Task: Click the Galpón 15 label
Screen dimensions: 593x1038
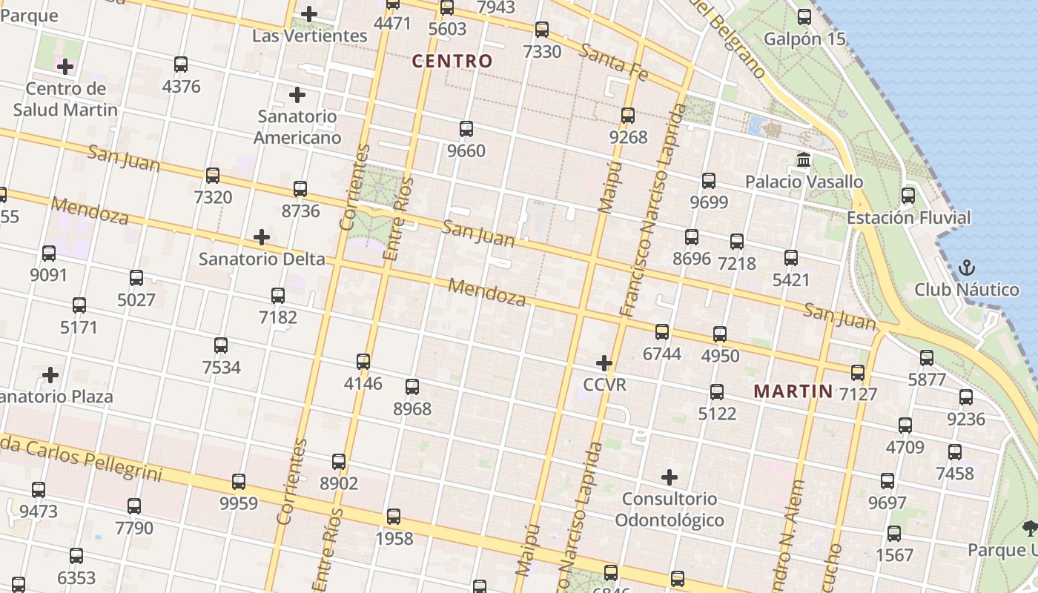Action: [804, 39]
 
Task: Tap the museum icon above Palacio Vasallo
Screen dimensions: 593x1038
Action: [803, 159]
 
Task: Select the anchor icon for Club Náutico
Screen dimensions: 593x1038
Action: [966, 268]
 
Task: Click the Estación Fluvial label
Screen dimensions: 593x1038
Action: [908, 218]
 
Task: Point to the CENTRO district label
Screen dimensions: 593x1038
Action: [452, 62]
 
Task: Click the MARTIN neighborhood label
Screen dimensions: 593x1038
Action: [793, 391]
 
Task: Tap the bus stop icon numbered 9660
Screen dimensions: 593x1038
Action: [466, 129]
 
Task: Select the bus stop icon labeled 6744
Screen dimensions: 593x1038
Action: [662, 332]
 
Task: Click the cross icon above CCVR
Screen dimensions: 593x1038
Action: [604, 363]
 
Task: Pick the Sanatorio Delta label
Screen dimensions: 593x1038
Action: [262, 259]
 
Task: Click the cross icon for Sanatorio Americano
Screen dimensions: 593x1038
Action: [297, 95]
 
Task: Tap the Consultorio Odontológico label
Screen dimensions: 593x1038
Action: [670, 509]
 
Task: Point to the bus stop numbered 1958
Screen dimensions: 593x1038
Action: [394, 517]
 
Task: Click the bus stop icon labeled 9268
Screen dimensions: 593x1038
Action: [628, 116]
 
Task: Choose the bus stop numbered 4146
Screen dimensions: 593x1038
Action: [363, 362]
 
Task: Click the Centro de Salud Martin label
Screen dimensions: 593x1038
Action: [65, 99]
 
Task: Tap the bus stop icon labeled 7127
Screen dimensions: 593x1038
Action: [858, 373]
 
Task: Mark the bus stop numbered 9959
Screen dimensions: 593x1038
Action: [239, 482]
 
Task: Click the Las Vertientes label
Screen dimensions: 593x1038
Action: [309, 36]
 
